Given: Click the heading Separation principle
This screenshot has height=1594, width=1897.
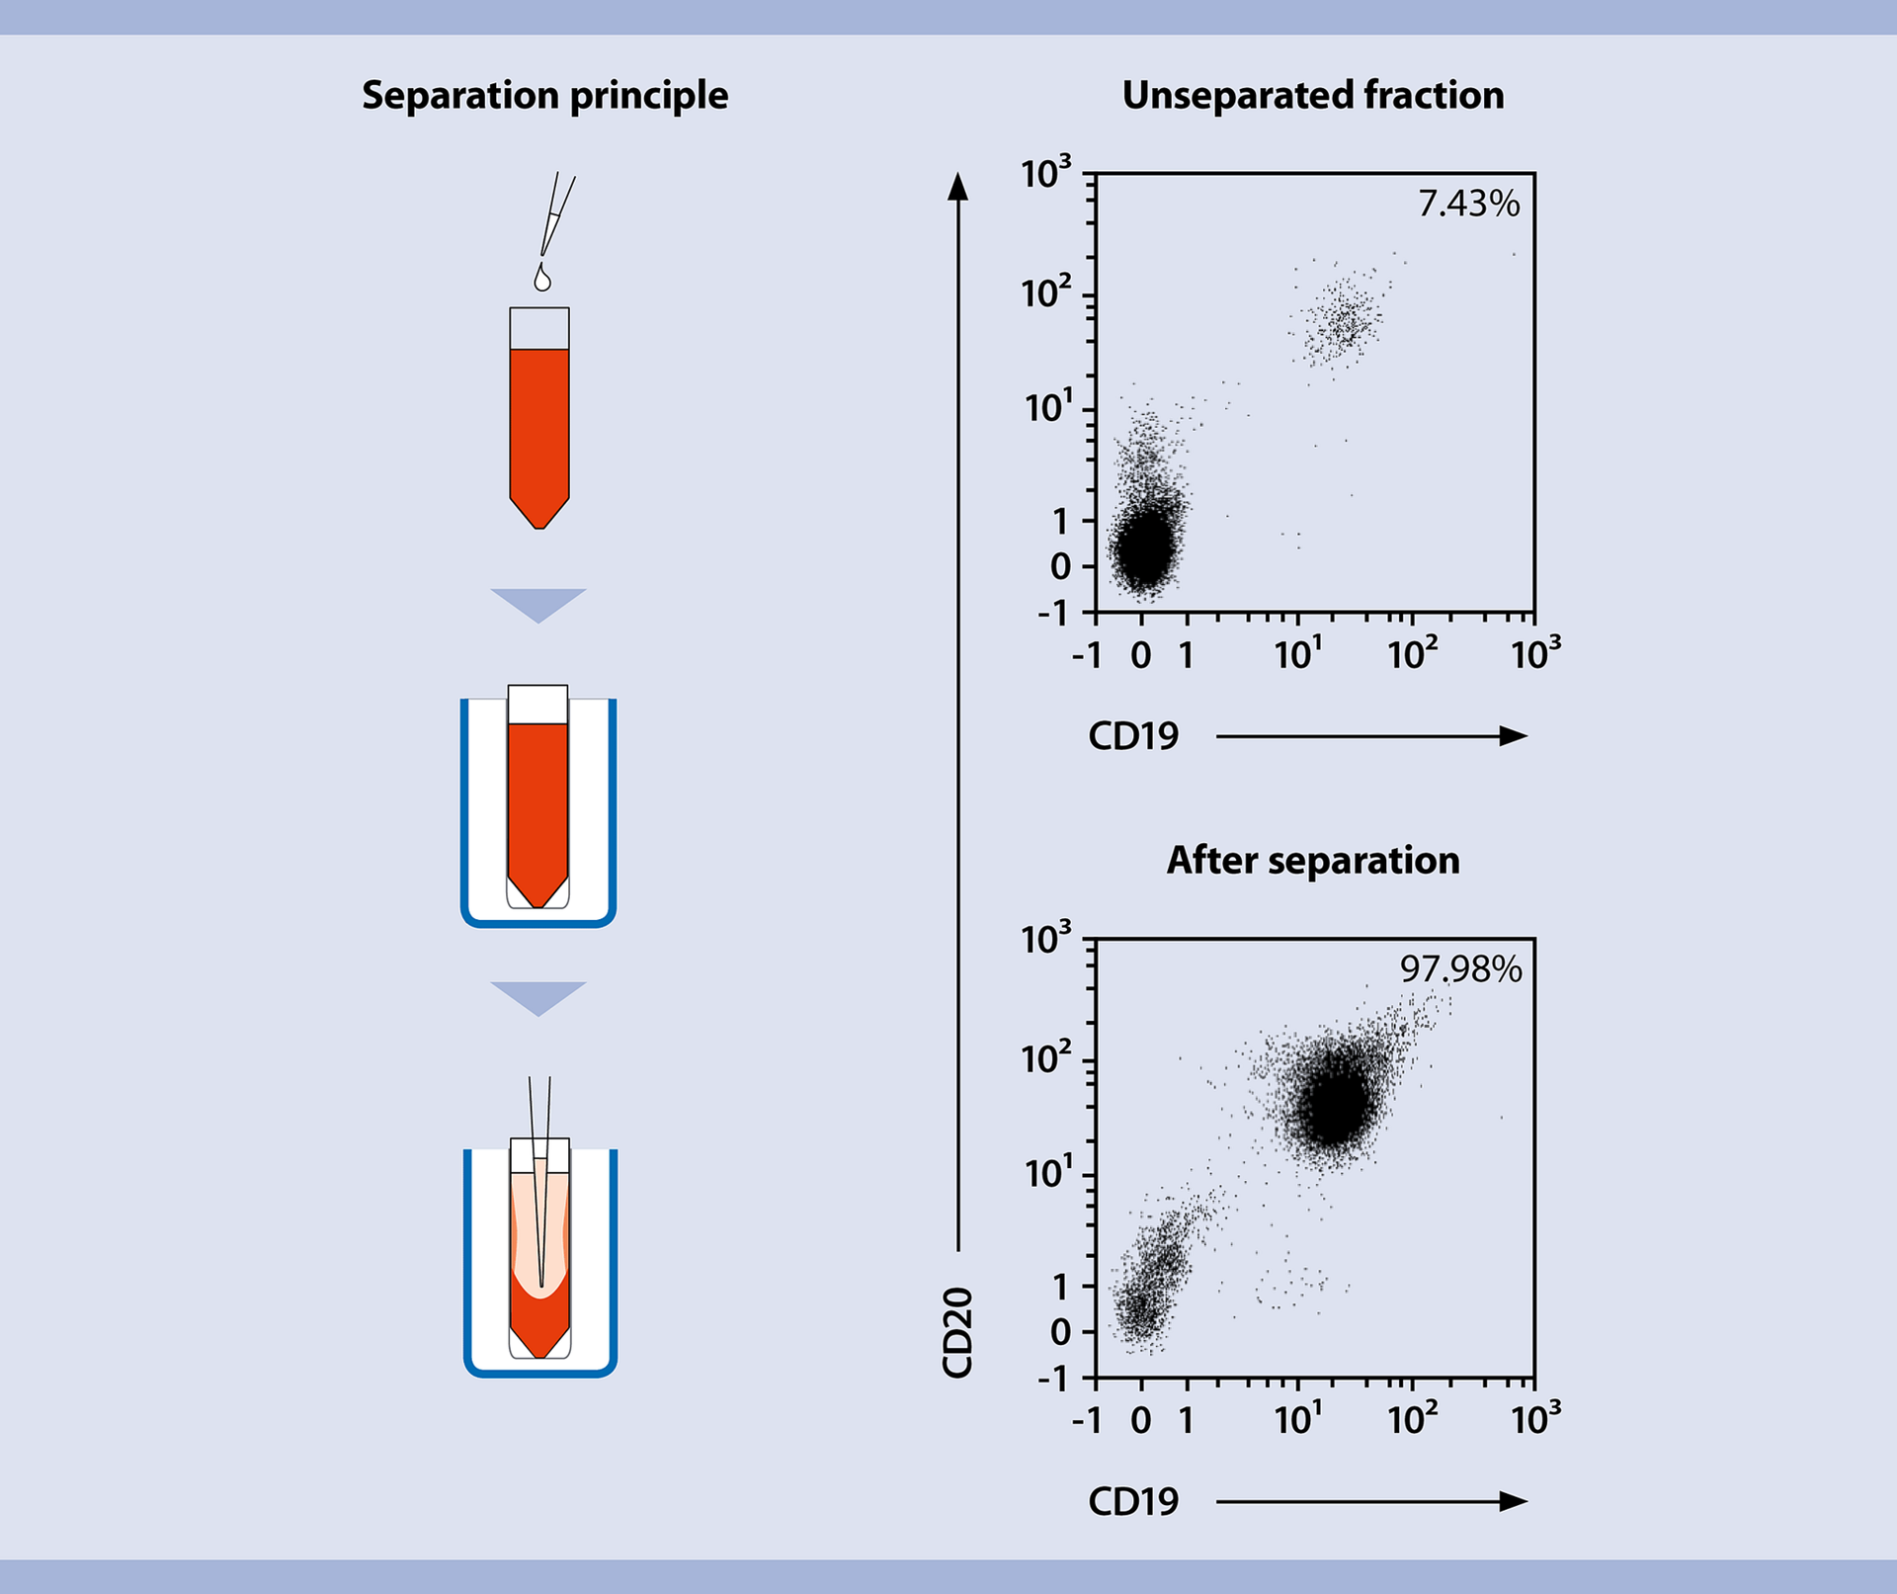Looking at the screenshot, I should pyautogui.click(x=544, y=96).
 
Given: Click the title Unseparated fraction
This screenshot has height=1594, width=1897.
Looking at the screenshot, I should pyautogui.click(x=1313, y=96).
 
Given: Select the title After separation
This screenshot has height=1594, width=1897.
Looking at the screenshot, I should pyautogui.click(x=1313, y=861).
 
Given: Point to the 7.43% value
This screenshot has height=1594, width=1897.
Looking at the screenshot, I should pyautogui.click(x=1468, y=204).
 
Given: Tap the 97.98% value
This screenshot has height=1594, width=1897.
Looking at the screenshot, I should pyautogui.click(x=1460, y=969).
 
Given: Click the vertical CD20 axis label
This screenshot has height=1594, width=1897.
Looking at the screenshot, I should pyautogui.click(x=957, y=1332).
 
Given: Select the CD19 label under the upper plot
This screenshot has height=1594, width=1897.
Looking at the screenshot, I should pyautogui.click(x=1133, y=736).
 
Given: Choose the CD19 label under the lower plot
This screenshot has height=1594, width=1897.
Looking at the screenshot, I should pyautogui.click(x=1133, y=1502).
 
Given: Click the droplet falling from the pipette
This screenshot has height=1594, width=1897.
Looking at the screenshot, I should pyautogui.click(x=541, y=279).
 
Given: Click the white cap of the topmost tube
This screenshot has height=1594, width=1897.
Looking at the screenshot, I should pyautogui.click(x=539, y=328).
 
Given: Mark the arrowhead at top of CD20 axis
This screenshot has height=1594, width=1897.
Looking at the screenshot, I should pyautogui.click(x=957, y=186).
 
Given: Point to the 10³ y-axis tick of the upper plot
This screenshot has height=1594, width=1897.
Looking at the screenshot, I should pyautogui.click(x=1045, y=174).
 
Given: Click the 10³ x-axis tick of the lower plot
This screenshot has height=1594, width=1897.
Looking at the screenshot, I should pyautogui.click(x=1535, y=1420).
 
